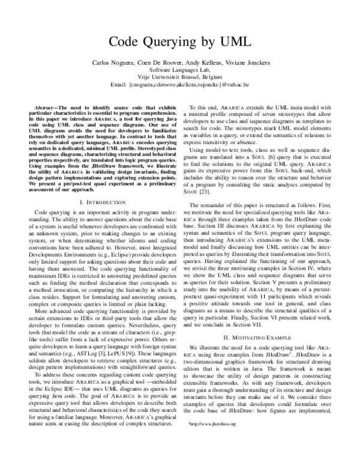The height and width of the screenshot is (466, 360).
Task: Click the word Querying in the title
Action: pos(181,42)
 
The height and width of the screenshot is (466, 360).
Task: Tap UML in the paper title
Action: pos(235,42)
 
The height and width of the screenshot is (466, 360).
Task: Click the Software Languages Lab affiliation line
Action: pos(180,71)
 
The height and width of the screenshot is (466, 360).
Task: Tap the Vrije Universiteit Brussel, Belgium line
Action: pos(180,78)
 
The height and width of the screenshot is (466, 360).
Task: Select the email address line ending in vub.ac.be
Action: pos(180,85)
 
